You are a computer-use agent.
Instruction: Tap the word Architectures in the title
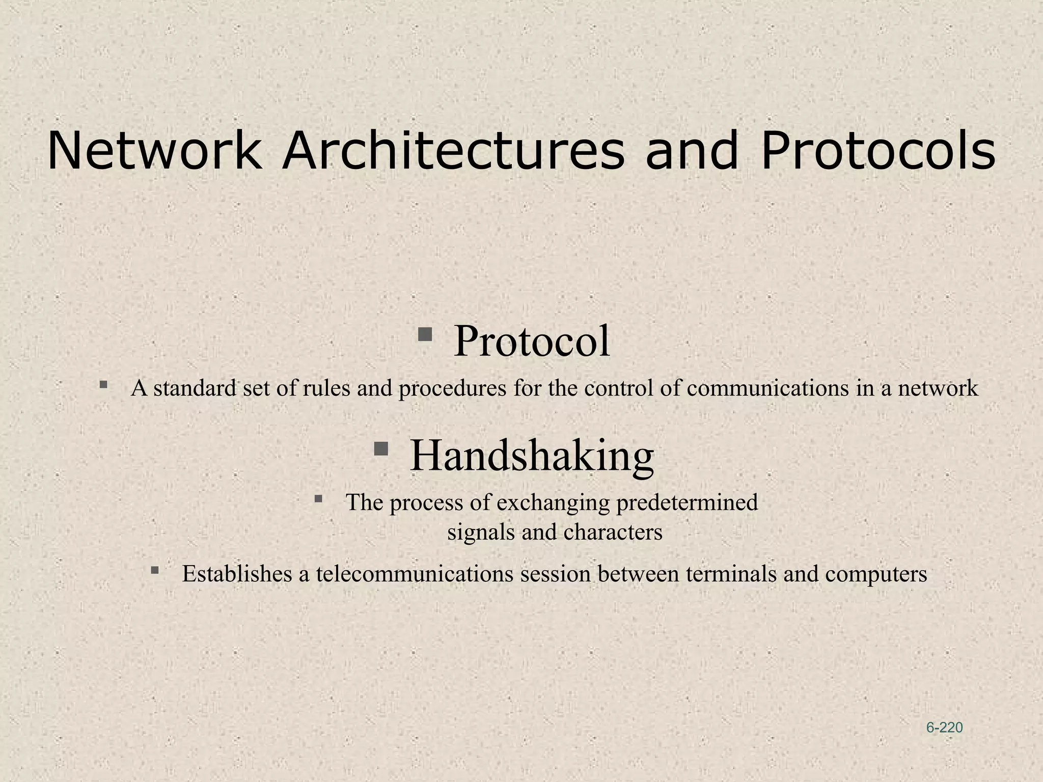click(x=453, y=151)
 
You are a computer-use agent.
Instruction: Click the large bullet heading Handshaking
click(x=532, y=455)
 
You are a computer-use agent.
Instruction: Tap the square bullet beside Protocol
click(x=425, y=334)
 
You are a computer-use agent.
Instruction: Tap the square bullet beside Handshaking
click(x=381, y=449)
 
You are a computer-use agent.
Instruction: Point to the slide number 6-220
click(x=944, y=728)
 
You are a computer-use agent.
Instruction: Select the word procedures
click(x=452, y=388)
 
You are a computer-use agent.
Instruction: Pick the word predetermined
click(x=687, y=502)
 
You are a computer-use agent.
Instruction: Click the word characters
click(x=613, y=533)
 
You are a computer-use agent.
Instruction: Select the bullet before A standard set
click(x=103, y=385)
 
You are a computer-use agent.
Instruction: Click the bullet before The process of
click(x=318, y=498)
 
